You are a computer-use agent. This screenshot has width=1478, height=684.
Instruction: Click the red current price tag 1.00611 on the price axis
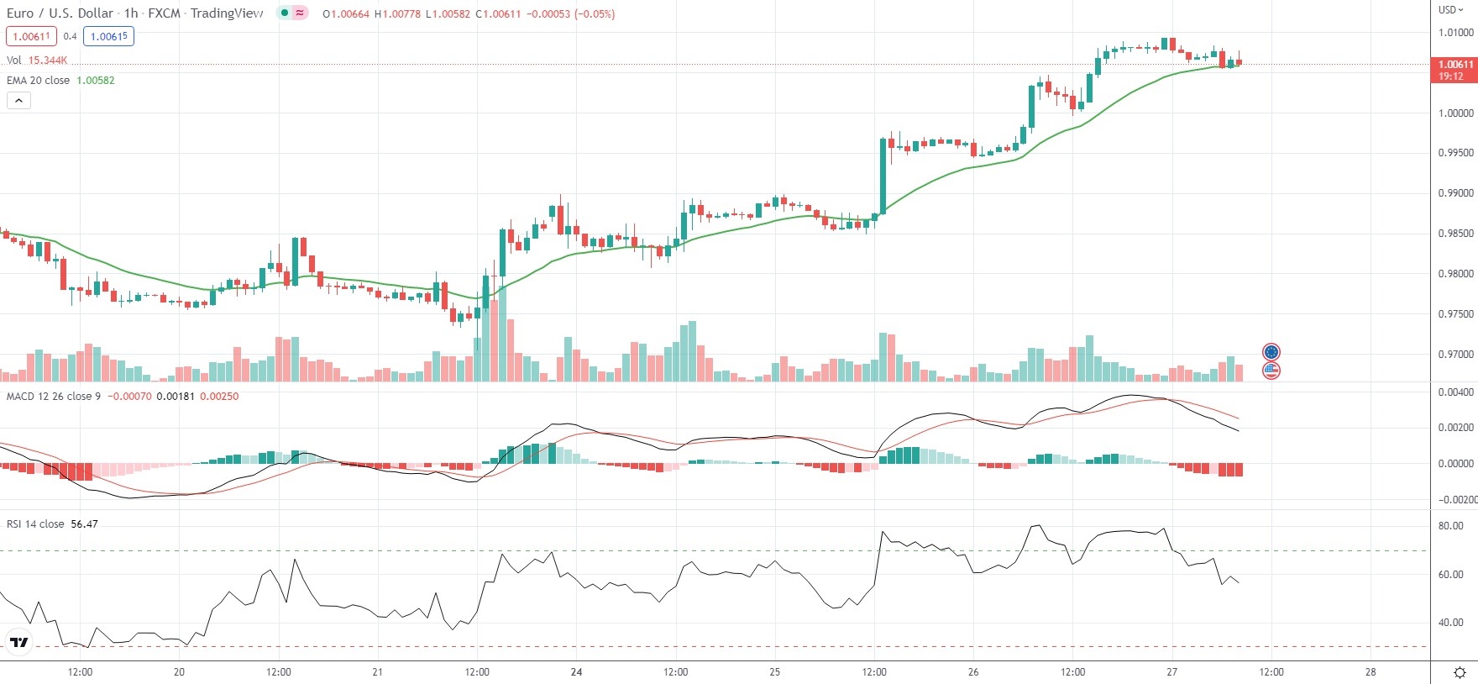point(1454,65)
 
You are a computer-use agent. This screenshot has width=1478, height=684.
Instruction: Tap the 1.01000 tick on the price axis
point(1455,33)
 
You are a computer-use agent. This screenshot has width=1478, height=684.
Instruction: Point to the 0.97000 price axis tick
point(1455,355)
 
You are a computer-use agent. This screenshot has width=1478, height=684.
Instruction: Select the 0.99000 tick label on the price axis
point(1455,193)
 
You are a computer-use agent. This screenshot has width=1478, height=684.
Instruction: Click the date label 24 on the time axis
point(576,672)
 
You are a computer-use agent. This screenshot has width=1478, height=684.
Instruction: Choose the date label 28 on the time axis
point(1371,672)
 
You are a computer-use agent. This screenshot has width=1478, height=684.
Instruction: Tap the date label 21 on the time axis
point(377,672)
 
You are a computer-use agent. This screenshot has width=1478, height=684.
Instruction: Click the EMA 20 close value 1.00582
point(96,81)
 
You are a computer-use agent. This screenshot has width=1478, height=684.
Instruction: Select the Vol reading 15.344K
point(48,61)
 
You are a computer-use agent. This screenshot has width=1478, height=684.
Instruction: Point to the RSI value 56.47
point(84,524)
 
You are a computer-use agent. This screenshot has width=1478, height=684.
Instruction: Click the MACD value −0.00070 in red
point(128,397)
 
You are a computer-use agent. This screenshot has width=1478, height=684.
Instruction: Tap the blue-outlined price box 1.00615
point(109,37)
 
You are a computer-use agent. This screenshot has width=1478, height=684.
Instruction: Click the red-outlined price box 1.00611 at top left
point(31,37)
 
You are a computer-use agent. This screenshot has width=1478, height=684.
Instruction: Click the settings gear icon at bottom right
point(1460,672)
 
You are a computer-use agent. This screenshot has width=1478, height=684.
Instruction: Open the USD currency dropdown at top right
point(1450,10)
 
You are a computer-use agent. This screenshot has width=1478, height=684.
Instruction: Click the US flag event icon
point(1271,371)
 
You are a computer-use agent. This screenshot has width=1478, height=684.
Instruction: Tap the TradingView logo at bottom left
point(18,644)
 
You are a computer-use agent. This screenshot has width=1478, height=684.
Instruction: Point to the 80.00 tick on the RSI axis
point(1450,526)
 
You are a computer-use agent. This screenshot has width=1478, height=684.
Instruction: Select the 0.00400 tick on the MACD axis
point(1455,392)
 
